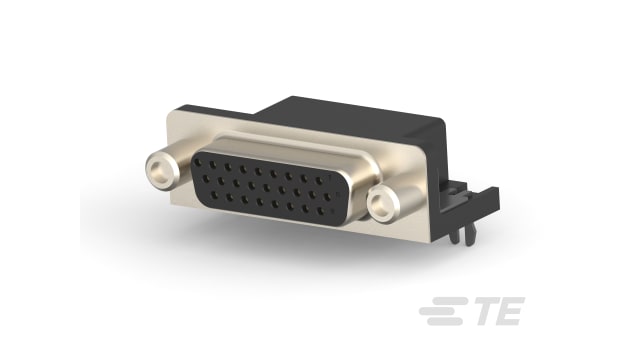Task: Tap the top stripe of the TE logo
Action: point(440,307)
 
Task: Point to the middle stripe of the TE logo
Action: point(436,316)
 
